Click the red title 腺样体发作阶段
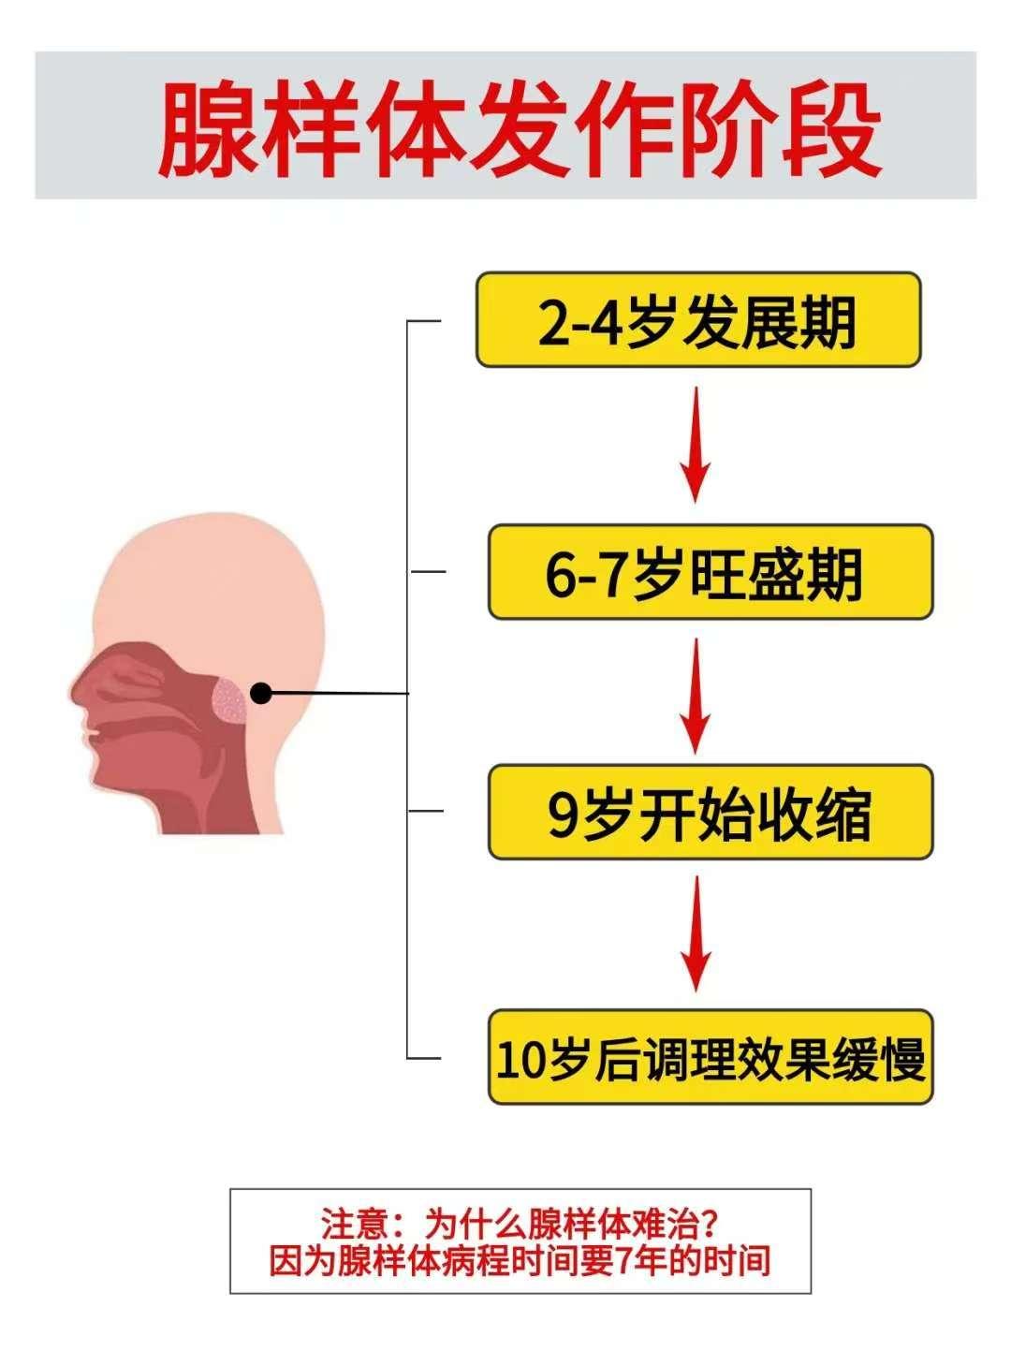pyautogui.click(x=520, y=128)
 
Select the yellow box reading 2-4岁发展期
pyautogui.click(x=698, y=320)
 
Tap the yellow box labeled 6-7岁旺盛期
pyautogui.click(x=710, y=572)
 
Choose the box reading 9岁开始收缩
pyautogui.click(x=710, y=813)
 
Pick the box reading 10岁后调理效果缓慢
pyautogui.click(x=711, y=1057)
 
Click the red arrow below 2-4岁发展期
pyautogui.click(x=695, y=445)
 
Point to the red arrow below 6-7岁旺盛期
pyautogui.click(x=695, y=694)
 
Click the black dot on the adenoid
pyautogui.click(x=262, y=693)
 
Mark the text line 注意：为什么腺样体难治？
pyautogui.click(x=520, y=1224)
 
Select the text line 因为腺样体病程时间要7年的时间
pyautogui.click(x=520, y=1260)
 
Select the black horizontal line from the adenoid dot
pyautogui.click(x=342, y=694)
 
